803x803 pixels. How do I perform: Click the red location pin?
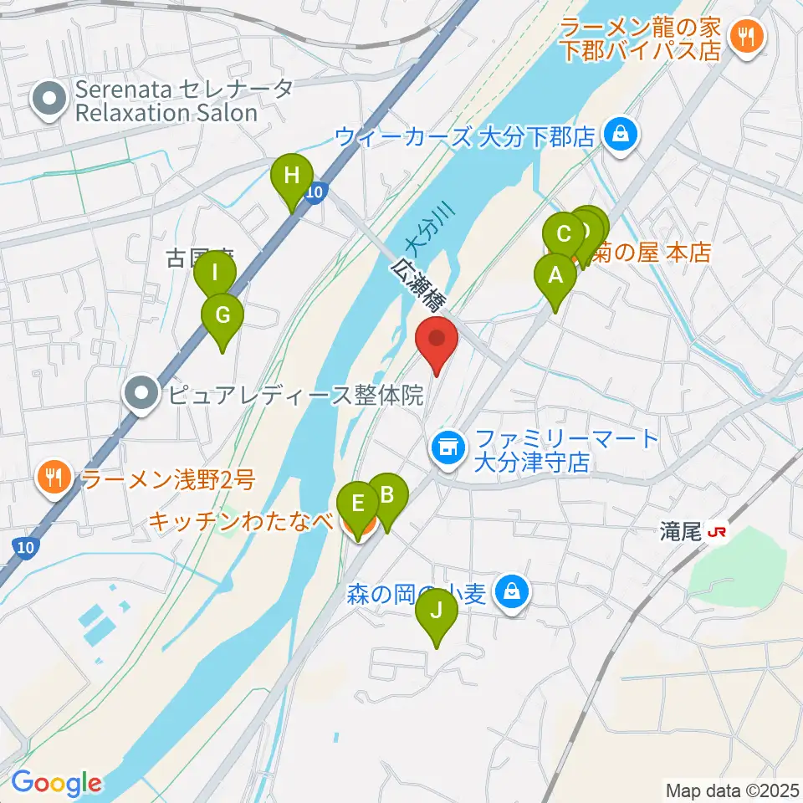pyautogui.click(x=437, y=341)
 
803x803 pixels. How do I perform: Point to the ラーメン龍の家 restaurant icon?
pyautogui.click(x=742, y=36)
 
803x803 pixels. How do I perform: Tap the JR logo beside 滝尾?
pyautogui.click(x=716, y=531)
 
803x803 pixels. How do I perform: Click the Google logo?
pyautogui.click(x=56, y=784)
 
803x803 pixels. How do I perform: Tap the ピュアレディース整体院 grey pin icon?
pyautogui.click(x=142, y=393)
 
